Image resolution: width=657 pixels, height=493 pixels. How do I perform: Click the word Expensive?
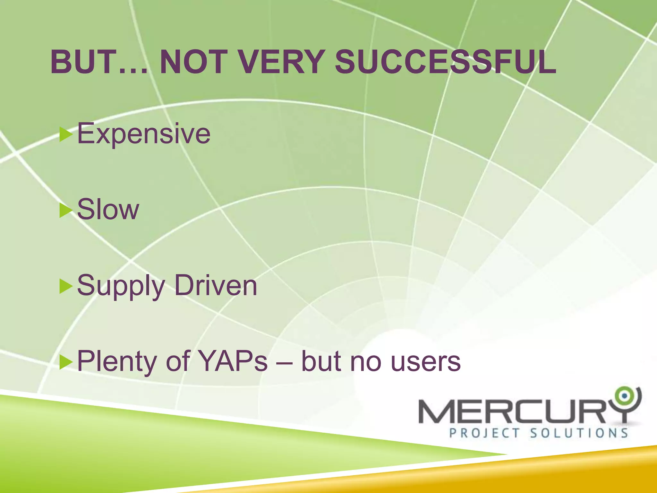pos(144,134)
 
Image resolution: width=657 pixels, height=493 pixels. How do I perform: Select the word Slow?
pos(108,209)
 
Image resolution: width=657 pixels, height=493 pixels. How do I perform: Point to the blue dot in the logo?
pos(624,396)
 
